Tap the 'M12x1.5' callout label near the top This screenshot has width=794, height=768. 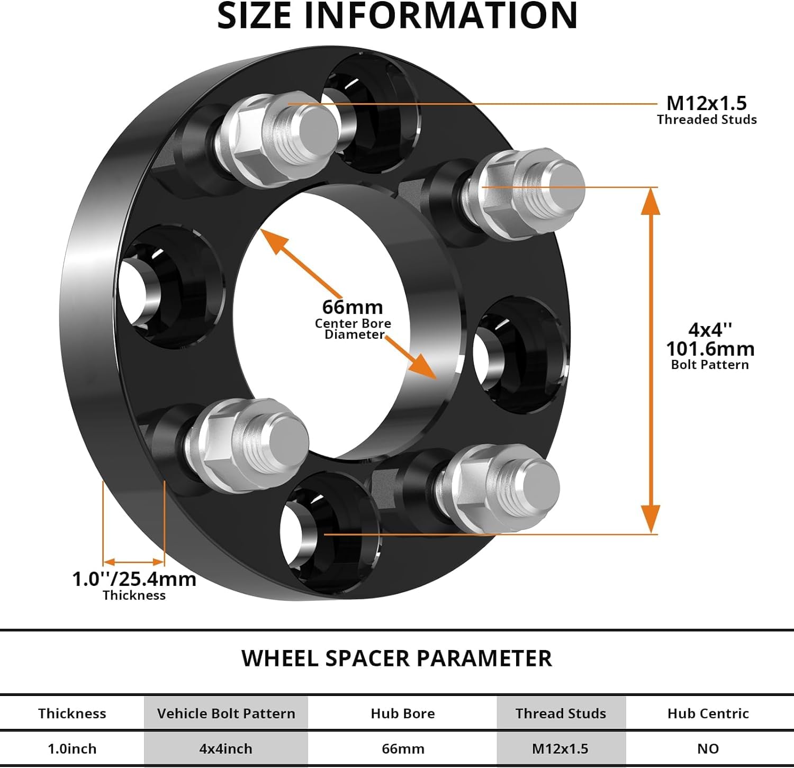(706, 103)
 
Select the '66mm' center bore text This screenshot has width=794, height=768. (352, 307)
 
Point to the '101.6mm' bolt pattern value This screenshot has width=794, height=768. (710, 349)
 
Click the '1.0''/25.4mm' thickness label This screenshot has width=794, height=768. (134, 579)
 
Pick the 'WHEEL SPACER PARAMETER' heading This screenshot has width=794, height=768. (396, 658)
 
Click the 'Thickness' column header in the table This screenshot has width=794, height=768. (72, 713)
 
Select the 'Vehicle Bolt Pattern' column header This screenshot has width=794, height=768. (226, 713)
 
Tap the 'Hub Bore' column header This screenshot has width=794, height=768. (402, 713)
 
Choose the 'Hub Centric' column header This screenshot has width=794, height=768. (708, 713)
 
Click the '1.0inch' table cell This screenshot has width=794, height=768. (72, 749)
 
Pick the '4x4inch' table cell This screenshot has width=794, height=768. (226, 749)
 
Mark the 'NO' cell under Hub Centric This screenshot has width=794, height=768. (708, 749)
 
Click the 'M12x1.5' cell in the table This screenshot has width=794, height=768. (560, 749)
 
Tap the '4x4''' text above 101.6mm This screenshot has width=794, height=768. (710, 330)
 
